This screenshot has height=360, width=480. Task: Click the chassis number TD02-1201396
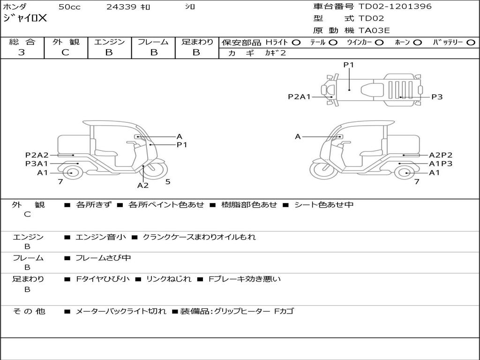pyautogui.click(x=395, y=7)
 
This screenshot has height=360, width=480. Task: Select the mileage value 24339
pyautogui.click(x=121, y=7)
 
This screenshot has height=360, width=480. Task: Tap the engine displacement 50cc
pyautogui.click(x=69, y=7)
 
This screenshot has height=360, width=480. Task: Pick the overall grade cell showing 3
pyautogui.click(x=22, y=52)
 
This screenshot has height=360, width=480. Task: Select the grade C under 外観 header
pyautogui.click(x=66, y=52)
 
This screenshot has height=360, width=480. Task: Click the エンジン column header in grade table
pyautogui.click(x=109, y=42)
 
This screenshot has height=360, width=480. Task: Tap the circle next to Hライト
pyautogui.click(x=296, y=42)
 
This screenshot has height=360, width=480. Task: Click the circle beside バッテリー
pyautogui.click(x=471, y=42)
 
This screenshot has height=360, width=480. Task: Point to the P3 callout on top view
pyautogui.click(x=437, y=97)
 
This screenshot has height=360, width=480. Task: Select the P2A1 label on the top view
pyautogui.click(x=299, y=97)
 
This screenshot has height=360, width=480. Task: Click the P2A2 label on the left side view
pyautogui.click(x=37, y=155)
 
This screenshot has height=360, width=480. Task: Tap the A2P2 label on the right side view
pyautogui.click(x=441, y=155)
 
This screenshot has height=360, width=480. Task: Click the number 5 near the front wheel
pyautogui.click(x=167, y=182)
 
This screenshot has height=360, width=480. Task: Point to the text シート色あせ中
pyautogui.click(x=323, y=205)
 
